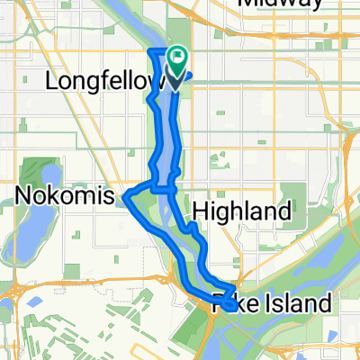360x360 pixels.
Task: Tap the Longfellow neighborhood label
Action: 103,82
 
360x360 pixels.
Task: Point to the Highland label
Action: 241,211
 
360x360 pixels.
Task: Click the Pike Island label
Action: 272,304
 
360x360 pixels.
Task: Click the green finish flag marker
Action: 176,63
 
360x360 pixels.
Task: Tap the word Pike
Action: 232,304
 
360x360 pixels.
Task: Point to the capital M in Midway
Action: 245,4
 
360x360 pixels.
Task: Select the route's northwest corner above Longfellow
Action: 148,49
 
